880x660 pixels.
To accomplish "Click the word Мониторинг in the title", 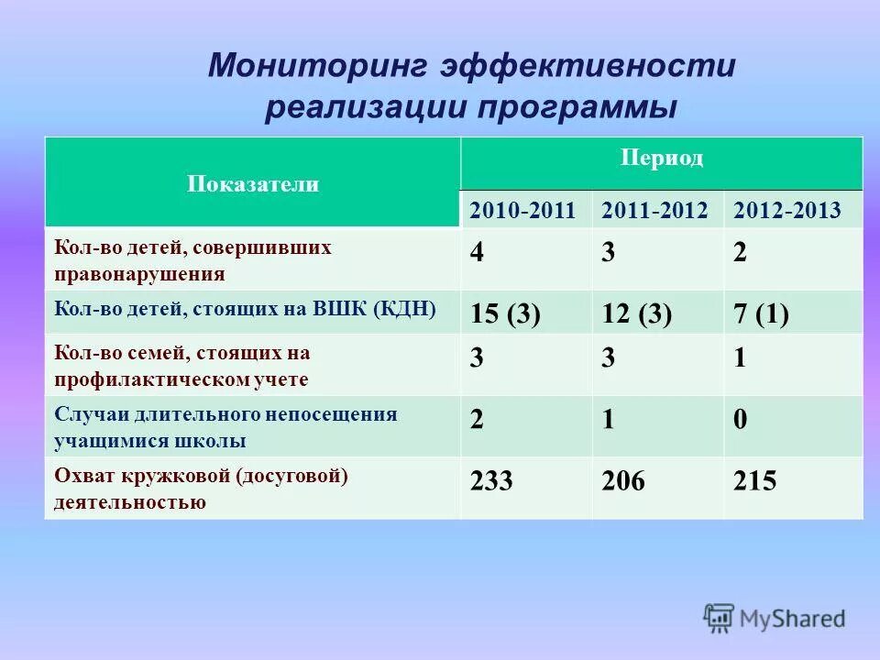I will point(315,67).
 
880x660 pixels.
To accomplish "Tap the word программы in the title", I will point(576,107).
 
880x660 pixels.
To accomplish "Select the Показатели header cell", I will point(253,184).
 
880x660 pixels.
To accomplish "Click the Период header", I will point(662,158).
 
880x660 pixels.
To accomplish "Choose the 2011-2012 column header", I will point(654,210).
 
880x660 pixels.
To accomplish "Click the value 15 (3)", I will point(505,314).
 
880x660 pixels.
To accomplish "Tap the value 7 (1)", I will point(762,314).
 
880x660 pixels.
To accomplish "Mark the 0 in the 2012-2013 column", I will point(741,420).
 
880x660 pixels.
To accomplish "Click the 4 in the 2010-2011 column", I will point(477,254).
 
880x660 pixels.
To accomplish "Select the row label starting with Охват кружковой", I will point(202,489).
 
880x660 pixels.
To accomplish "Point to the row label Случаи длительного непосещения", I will point(225,426).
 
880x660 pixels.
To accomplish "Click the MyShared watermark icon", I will point(720,619).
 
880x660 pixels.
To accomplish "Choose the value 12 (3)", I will point(637,314).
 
